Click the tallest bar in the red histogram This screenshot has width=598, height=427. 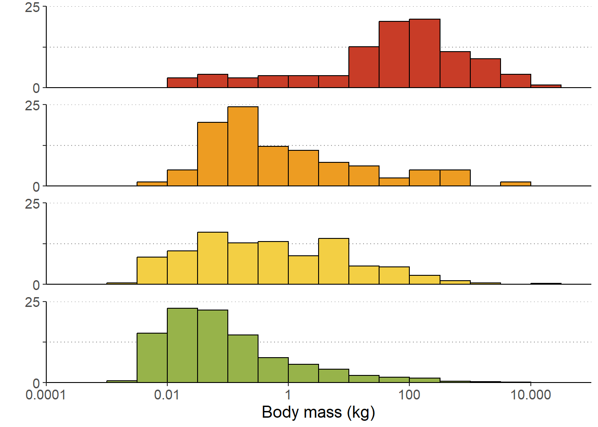(x=424, y=53)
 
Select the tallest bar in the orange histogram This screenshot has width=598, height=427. (x=243, y=146)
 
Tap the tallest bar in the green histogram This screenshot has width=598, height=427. (x=182, y=345)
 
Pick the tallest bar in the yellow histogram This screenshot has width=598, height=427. (x=213, y=258)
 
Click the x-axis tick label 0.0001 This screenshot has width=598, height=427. (x=45, y=395)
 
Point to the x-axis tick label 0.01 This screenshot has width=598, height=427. (x=167, y=395)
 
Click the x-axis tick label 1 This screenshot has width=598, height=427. (x=288, y=395)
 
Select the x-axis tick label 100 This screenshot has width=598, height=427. (x=409, y=395)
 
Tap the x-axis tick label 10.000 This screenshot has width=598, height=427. (x=530, y=395)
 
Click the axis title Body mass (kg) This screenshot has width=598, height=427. (x=319, y=412)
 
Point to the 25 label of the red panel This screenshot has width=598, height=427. (x=32, y=8)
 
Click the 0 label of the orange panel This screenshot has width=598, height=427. (x=36, y=187)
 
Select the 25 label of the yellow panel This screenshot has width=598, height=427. (x=32, y=204)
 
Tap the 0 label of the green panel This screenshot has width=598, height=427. (x=36, y=383)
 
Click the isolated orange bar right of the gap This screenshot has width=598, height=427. (x=515, y=184)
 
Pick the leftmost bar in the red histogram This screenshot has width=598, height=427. (x=182, y=83)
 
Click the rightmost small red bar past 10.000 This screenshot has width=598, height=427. (x=545, y=86)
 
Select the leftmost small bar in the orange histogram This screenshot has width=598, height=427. (x=152, y=184)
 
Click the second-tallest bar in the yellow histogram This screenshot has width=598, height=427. (x=334, y=261)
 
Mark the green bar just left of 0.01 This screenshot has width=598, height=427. (x=152, y=358)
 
